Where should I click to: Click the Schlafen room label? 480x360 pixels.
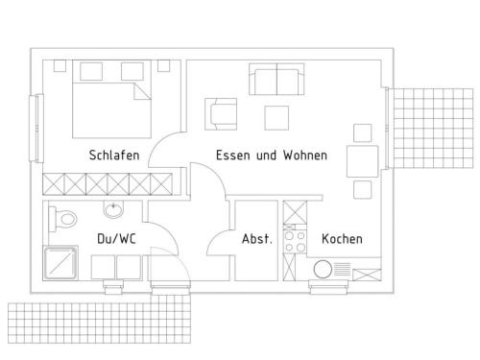tap(114, 156)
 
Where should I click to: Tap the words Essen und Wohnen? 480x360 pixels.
tap(272, 156)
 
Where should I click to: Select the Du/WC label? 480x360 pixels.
tap(116, 239)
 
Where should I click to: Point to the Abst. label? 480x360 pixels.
tap(257, 239)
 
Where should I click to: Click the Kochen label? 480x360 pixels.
tap(342, 239)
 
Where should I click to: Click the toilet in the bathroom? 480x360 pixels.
tap(62, 219)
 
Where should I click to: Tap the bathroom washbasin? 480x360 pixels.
tap(113, 209)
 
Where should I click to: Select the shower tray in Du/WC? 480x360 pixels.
tap(60, 263)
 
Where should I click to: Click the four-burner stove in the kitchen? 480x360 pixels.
tap(295, 242)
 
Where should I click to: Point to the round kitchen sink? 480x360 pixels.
tap(323, 269)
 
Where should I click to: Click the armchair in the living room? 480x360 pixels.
tap(221, 114)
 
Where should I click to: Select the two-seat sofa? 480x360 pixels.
tap(276, 79)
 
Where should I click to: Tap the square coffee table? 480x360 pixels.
tap(276, 118)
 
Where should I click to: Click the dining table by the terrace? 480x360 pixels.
tap(363, 161)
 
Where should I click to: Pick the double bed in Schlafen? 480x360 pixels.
tap(111, 99)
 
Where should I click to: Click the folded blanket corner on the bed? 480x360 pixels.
tap(142, 91)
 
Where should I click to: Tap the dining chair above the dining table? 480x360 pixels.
tap(363, 132)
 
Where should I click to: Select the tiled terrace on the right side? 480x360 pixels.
tap(433, 129)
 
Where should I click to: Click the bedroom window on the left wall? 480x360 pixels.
tap(36, 128)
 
